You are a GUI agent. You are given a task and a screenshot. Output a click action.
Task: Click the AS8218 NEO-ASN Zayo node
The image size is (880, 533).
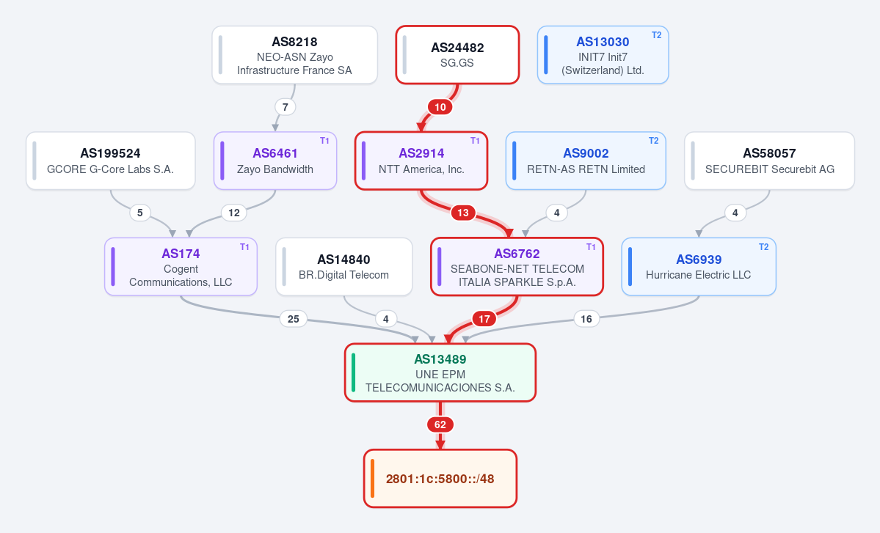[294, 55]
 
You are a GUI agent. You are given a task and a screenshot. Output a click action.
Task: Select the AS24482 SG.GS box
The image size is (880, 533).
[457, 55]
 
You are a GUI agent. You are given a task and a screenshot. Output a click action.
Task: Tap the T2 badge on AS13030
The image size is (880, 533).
[656, 35]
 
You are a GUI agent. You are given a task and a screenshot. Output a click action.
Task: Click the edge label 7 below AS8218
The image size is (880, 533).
[285, 107]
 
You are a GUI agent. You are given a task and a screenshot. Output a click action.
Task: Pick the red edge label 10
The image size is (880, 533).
[440, 107]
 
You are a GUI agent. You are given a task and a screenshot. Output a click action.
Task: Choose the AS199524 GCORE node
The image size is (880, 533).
[111, 161]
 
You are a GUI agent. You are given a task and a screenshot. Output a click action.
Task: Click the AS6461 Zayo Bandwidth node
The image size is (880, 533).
[275, 161]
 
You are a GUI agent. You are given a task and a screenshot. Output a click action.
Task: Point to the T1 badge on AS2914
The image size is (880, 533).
[475, 141]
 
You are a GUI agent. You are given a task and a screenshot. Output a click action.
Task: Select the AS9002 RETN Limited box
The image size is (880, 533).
[586, 161]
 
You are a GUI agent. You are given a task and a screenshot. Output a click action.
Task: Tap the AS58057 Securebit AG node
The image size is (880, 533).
[769, 161]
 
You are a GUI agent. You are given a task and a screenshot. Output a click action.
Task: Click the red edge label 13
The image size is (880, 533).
[463, 213]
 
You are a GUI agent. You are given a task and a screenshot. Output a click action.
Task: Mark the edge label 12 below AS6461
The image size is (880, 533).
[234, 213]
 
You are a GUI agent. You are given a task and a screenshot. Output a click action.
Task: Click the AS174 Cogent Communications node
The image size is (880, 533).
[181, 267]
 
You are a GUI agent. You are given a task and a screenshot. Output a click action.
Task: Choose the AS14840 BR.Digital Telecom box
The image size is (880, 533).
[344, 267]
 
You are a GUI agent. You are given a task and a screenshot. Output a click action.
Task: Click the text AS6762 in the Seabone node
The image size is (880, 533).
[517, 254]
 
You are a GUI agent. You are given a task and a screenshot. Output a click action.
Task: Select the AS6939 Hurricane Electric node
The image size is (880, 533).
[699, 267]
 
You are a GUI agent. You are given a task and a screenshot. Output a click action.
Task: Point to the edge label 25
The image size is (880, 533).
[294, 319]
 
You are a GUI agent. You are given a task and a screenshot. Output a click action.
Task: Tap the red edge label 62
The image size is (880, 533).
[440, 424]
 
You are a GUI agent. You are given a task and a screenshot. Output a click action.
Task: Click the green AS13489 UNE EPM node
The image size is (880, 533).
[440, 372]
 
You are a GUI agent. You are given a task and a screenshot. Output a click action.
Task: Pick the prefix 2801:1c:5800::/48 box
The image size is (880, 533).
[440, 479]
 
